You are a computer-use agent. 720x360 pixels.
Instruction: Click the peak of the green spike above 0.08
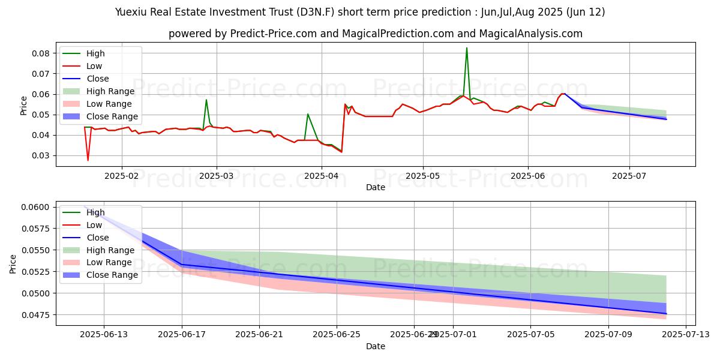pyautogui.click(x=467, y=48)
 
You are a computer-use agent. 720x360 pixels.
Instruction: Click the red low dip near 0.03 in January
pyautogui.click(x=88, y=160)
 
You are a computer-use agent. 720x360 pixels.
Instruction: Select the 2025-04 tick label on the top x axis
pyautogui.click(x=322, y=176)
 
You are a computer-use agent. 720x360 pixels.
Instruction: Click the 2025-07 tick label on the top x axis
pyautogui.click(x=629, y=176)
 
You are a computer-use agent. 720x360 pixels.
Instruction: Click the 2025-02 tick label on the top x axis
pyautogui.click(x=122, y=176)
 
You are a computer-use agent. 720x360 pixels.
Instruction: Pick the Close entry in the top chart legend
pyautogui.click(x=98, y=79)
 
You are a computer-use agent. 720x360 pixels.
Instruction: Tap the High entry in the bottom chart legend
pyautogui.click(x=95, y=212)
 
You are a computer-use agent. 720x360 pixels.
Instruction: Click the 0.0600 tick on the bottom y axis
pyautogui.click(x=36, y=207)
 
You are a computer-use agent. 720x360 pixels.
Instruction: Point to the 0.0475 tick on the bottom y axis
pyautogui.click(x=36, y=315)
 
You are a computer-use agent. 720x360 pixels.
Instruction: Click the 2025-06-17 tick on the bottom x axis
pyautogui.click(x=181, y=334)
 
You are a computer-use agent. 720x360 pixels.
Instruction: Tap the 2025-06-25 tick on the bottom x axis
pyautogui.click(x=337, y=334)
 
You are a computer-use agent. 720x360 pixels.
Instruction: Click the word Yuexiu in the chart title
pyautogui.click(x=130, y=12)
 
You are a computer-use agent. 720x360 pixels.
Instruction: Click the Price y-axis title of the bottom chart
pyautogui.click(x=14, y=263)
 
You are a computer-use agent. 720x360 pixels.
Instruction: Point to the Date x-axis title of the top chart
pyautogui.click(x=376, y=187)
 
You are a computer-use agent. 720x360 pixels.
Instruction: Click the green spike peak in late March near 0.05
pyautogui.click(x=308, y=114)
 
